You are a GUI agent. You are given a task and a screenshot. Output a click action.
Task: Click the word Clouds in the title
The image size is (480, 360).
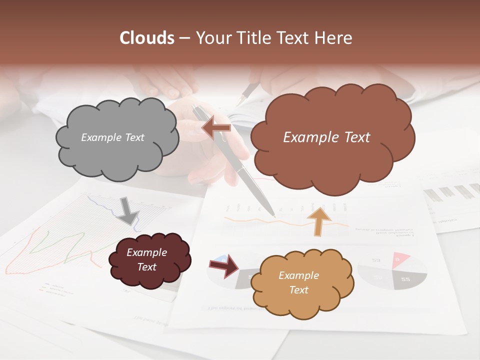click(x=147, y=38)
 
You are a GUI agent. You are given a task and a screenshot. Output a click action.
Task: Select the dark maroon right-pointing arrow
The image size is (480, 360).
click(x=225, y=266)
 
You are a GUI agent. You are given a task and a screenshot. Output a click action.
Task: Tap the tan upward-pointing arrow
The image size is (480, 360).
click(x=319, y=220)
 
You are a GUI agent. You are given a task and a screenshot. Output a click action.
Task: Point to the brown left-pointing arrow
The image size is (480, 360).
click(x=216, y=127)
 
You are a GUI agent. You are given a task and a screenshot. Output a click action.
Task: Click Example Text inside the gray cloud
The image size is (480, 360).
click(x=112, y=137)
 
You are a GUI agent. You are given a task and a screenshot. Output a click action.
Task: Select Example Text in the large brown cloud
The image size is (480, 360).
click(x=326, y=137)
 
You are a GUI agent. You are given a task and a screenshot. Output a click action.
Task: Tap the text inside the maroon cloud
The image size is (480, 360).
click(x=147, y=259)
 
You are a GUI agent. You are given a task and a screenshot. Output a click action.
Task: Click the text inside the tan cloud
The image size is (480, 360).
click(x=298, y=282)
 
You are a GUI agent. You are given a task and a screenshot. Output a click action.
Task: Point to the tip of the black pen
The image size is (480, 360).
click(x=273, y=215)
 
